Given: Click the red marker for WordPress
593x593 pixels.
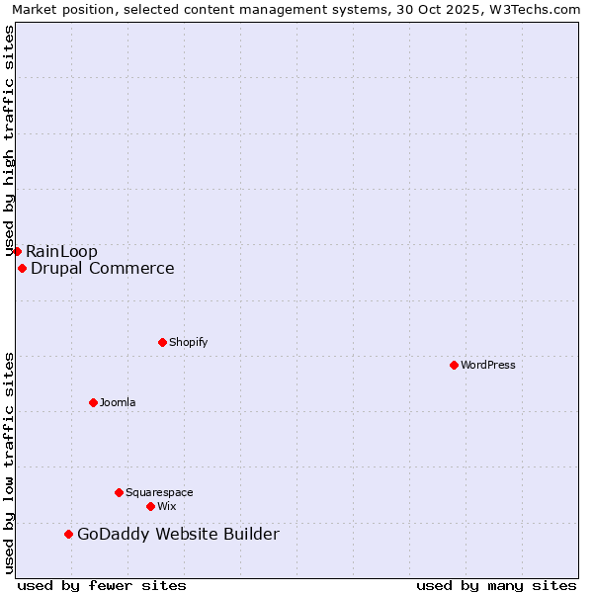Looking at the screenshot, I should [x=454, y=365].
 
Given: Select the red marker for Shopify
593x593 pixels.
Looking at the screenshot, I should [x=162, y=342].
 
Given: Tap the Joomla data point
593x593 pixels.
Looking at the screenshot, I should [x=93, y=402].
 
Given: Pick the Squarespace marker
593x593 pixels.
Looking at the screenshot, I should [x=119, y=492].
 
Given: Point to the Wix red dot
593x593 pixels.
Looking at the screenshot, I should [x=150, y=506].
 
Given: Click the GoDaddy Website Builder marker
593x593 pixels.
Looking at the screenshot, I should [x=68, y=535].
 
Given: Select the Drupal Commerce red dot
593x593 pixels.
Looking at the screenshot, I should [x=22, y=268].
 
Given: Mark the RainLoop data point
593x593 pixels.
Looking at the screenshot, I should [x=17, y=251].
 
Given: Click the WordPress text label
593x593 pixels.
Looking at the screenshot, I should [x=488, y=365].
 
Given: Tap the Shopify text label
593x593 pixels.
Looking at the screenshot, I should [x=188, y=342].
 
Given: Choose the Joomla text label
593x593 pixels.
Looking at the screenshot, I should [x=118, y=402].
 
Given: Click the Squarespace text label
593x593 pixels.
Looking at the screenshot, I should [x=159, y=492].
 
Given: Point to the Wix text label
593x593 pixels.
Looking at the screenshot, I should [x=167, y=506].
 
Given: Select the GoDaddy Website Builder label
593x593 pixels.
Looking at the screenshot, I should [x=178, y=535].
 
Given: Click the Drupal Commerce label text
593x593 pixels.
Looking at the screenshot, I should [x=103, y=268].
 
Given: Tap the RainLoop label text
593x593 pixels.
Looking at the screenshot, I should [x=61, y=251].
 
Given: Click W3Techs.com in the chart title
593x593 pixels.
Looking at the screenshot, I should [x=538, y=10].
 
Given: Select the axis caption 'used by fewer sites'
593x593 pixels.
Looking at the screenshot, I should [x=102, y=585].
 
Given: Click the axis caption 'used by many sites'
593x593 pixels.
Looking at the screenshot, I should [x=496, y=585].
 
